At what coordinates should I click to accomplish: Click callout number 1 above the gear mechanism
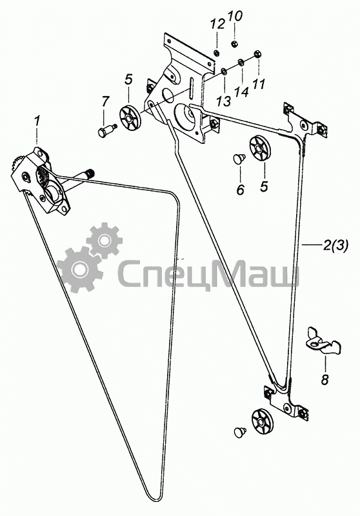click(x=37, y=121)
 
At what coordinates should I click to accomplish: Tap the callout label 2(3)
click(x=335, y=245)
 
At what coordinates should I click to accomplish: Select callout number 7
click(x=105, y=102)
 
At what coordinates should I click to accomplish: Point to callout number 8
click(x=325, y=380)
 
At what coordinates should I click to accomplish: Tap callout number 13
click(x=224, y=101)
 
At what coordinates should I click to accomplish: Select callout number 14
click(x=241, y=92)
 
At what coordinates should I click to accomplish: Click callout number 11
click(x=259, y=84)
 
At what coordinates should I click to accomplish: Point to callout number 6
click(x=241, y=190)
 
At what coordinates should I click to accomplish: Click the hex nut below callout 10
click(x=234, y=44)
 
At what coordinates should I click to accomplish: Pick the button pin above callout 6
click(x=239, y=159)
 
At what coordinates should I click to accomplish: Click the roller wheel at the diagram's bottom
click(x=263, y=422)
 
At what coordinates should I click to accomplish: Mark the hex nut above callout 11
click(x=257, y=54)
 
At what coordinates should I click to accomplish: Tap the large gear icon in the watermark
click(x=78, y=269)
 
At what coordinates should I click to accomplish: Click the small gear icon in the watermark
click(x=104, y=241)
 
